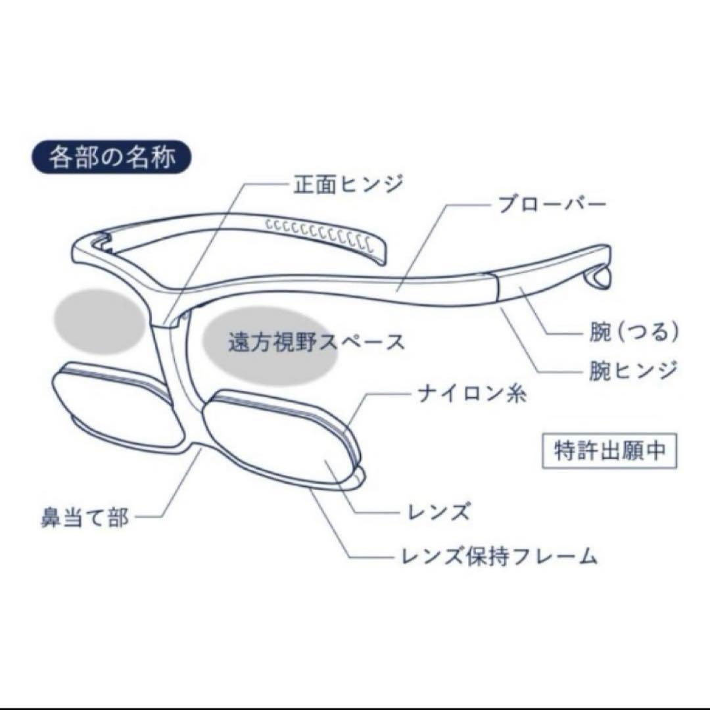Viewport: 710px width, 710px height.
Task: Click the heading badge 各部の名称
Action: pyautogui.click(x=111, y=157)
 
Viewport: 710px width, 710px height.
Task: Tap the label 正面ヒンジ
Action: pyautogui.click(x=348, y=185)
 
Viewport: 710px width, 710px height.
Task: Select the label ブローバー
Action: pyautogui.click(x=552, y=204)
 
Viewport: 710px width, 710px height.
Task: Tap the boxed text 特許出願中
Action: pyautogui.click(x=609, y=451)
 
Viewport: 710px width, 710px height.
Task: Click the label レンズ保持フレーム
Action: pyautogui.click(x=500, y=556)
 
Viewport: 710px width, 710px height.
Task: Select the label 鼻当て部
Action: pyautogui.click(x=85, y=517)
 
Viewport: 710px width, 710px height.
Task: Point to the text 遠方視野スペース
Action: pyautogui.click(x=316, y=343)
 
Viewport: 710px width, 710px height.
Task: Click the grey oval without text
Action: pyautogui.click(x=99, y=321)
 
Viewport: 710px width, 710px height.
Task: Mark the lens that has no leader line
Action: pyautogui.click(x=118, y=404)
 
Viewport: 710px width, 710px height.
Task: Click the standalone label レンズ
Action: pyautogui.click(x=438, y=512)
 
